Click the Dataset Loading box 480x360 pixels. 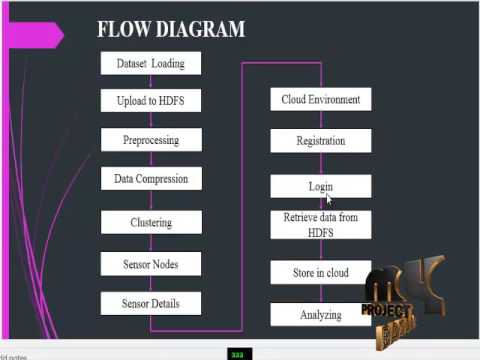[x=151, y=63]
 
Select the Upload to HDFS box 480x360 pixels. [x=151, y=100]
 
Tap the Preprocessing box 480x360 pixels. [x=151, y=140]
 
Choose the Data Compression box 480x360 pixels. [x=151, y=180]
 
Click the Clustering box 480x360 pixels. [x=151, y=222]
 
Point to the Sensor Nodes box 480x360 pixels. [x=151, y=264]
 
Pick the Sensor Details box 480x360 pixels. [x=151, y=303]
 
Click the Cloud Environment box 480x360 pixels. [x=320, y=99]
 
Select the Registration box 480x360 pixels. [x=320, y=141]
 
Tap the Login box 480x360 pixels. [x=320, y=186]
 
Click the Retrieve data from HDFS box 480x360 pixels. [x=320, y=225]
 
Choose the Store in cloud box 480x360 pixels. [x=320, y=272]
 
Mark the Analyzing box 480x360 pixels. [x=320, y=315]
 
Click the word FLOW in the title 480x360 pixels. [x=123, y=29]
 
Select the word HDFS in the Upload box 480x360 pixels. [x=183, y=100]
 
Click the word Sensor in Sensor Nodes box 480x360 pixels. [x=137, y=264]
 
